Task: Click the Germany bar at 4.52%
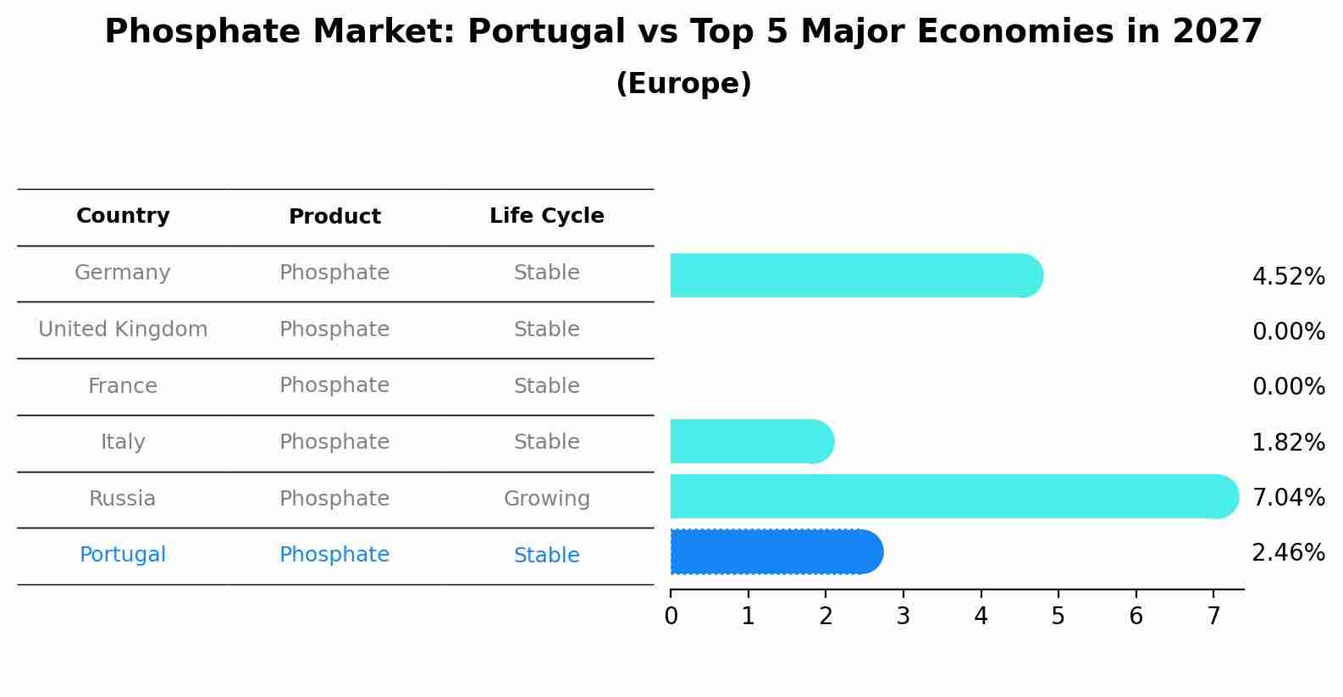[855, 275]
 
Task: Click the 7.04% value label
[1288, 497]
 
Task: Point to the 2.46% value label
[1288, 553]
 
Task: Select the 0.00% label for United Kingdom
[1288, 332]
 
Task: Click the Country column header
[123, 216]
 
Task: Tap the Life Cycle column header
[546, 216]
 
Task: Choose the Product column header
[334, 217]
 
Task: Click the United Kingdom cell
[123, 329]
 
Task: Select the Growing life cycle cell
[546, 499]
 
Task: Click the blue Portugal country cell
[123, 555]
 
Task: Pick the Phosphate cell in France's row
[334, 385]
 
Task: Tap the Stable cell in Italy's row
[546, 442]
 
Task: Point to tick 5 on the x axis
[1058, 616]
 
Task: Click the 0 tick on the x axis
[671, 616]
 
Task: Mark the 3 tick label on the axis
[903, 616]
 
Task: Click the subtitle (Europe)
[683, 84]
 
